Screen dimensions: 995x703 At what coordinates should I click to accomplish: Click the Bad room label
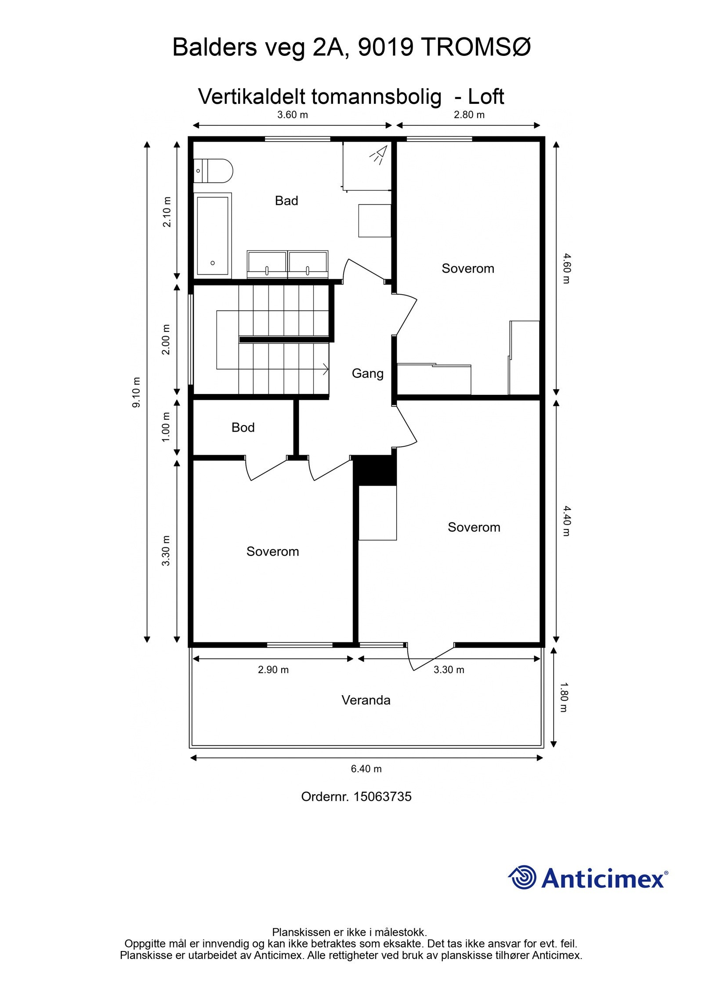coord(286,201)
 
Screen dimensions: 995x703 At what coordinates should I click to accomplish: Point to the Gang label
coord(367,373)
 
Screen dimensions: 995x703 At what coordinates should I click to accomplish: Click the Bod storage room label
coord(243,427)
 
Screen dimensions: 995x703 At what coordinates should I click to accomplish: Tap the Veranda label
coord(366,700)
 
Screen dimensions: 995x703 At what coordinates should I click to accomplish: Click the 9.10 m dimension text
coord(137,392)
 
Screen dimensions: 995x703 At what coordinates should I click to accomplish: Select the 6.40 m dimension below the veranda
coord(366,769)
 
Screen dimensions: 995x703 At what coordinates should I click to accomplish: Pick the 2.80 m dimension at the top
coord(469,115)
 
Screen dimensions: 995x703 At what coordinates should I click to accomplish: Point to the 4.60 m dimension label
coord(566,268)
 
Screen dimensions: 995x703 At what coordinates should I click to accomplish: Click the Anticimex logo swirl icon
coord(522,877)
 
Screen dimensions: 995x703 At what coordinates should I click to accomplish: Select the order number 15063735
coord(382,797)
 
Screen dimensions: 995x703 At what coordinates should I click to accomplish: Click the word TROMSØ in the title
coord(476,47)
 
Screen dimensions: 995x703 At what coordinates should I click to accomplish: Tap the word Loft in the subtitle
coord(486,97)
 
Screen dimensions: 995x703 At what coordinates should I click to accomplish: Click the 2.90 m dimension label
coord(273,670)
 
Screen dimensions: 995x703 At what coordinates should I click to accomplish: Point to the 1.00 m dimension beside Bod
coord(166,427)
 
